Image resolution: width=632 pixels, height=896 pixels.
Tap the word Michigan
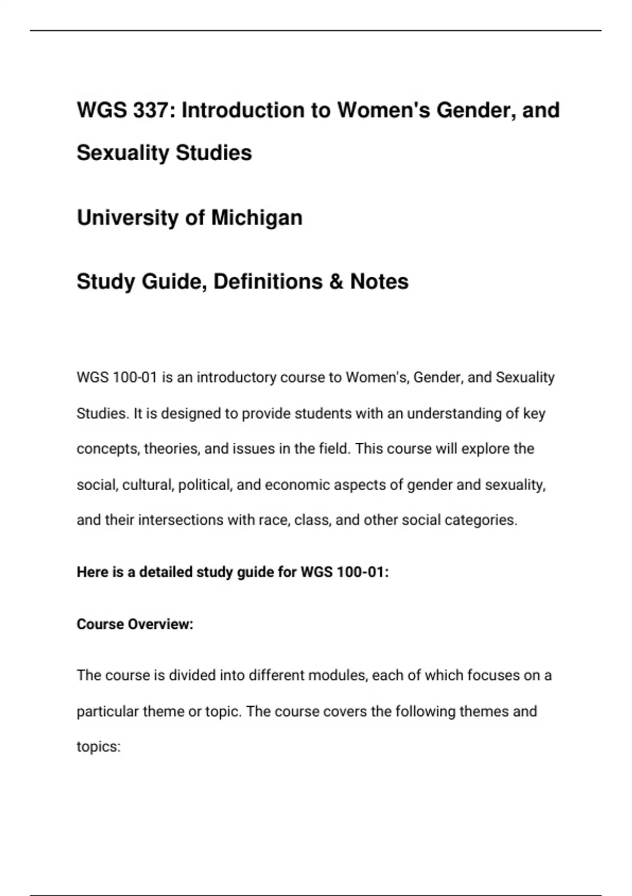tap(256, 218)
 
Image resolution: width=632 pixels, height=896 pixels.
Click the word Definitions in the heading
tap(268, 281)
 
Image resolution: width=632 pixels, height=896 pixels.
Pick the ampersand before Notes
tap(335, 281)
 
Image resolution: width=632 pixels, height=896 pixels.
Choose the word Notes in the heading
tap(379, 281)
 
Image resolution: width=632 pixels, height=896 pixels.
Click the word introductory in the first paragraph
tap(236, 377)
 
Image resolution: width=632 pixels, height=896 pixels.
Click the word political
tap(205, 484)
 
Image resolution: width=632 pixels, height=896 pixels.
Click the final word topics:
tap(98, 747)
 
